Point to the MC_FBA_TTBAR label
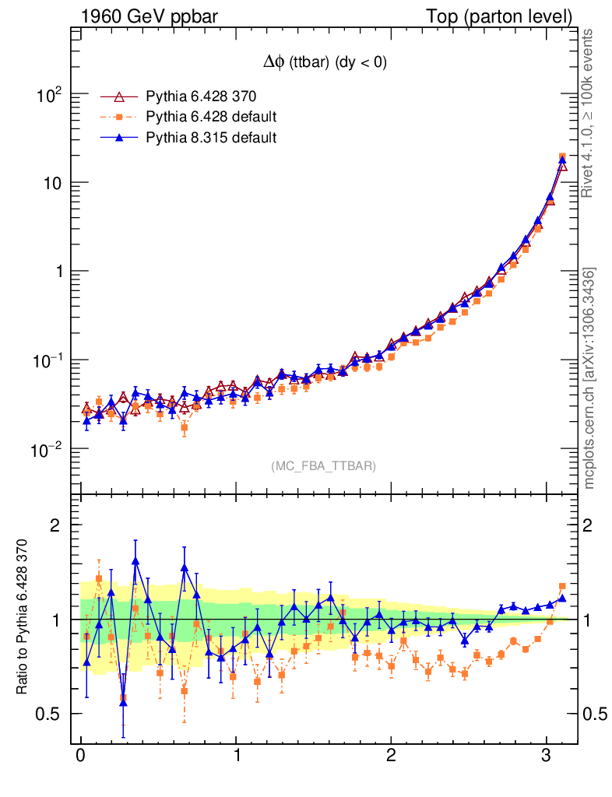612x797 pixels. (323, 466)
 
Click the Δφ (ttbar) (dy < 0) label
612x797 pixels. (324, 64)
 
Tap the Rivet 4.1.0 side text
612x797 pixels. (589, 114)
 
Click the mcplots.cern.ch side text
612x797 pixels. (589, 378)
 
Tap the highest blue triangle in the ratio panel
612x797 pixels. (135, 560)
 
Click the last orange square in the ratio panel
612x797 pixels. (562, 587)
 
